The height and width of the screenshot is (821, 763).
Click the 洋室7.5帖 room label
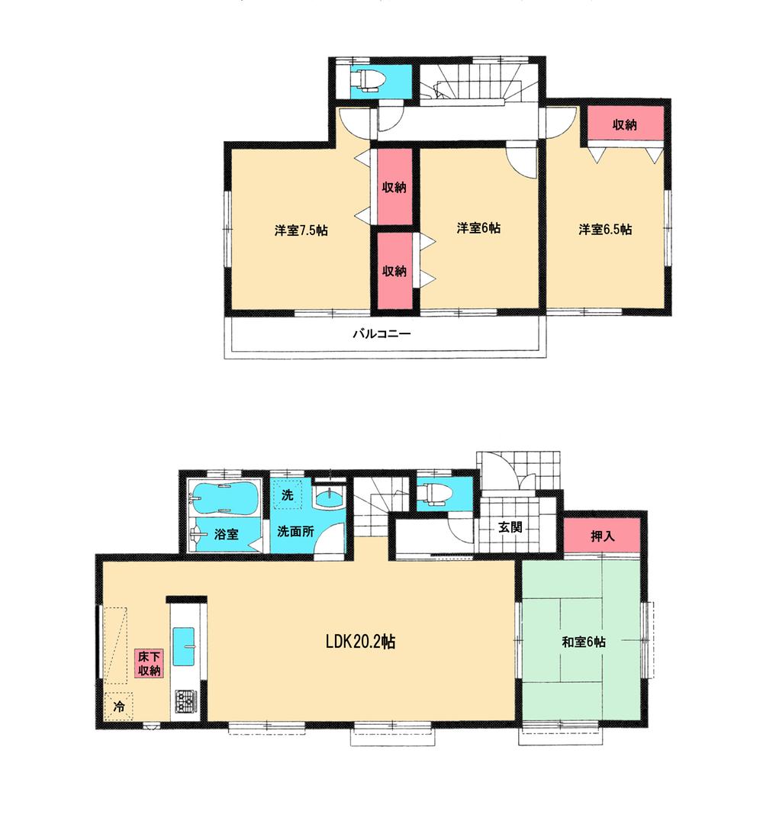click(x=301, y=230)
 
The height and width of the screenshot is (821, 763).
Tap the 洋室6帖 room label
click(x=478, y=228)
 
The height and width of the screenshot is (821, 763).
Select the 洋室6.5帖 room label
click(x=604, y=229)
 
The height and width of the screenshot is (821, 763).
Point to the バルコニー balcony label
click(x=381, y=333)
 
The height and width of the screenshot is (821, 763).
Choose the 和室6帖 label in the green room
click(x=584, y=642)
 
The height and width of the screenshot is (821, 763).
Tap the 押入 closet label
click(x=603, y=536)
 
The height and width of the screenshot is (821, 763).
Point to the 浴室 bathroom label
click(x=224, y=534)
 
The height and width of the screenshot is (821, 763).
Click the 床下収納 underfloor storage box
click(x=149, y=663)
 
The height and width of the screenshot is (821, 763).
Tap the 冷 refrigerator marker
click(x=119, y=707)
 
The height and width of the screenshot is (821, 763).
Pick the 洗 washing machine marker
click(x=287, y=494)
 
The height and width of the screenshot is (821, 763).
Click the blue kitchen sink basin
click(x=185, y=646)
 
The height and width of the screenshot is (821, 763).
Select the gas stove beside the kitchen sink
click(x=186, y=699)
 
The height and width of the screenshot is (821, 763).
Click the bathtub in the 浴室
click(x=222, y=500)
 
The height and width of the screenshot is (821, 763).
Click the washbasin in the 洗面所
click(x=329, y=497)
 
